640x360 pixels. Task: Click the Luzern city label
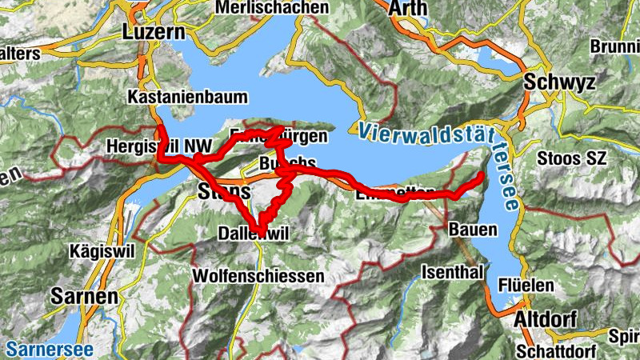point(154,32)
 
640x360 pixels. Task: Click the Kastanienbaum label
point(188,97)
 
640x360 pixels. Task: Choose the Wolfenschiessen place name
point(258,276)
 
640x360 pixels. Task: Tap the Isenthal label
point(452,271)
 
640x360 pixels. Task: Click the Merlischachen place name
point(272,7)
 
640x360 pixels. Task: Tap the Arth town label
point(408,8)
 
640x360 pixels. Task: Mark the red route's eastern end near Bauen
point(482,174)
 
